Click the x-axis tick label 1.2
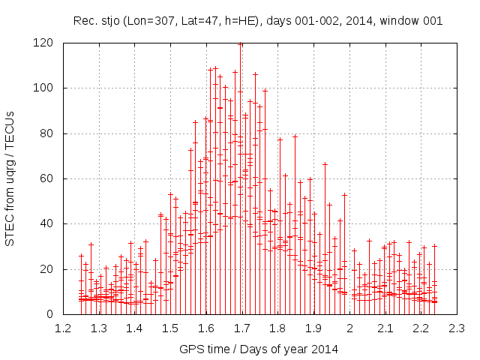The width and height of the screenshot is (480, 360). coord(63,328)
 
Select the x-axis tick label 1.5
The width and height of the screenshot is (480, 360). coord(170,328)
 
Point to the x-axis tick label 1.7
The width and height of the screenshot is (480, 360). coord(241,328)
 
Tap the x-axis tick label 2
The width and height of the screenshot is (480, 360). coord(349,328)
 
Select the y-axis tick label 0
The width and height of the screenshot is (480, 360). coord(51,314)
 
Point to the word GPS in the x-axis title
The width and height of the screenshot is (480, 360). coord(190,349)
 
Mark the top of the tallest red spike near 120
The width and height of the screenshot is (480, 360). coord(240,43)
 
